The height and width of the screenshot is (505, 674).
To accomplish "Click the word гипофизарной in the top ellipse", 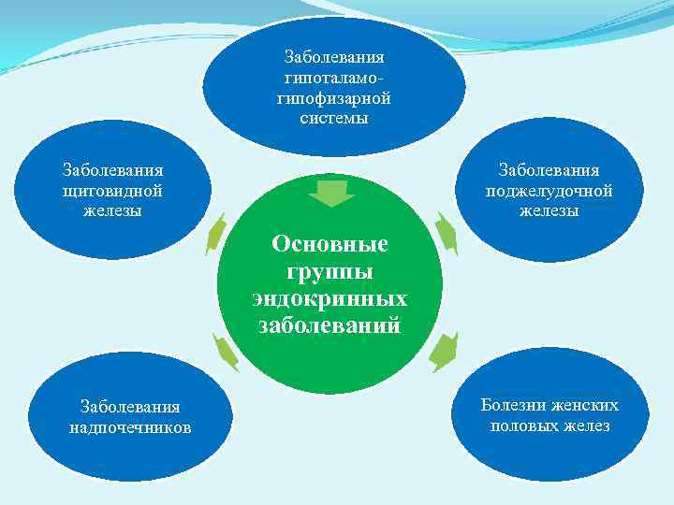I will (334, 98).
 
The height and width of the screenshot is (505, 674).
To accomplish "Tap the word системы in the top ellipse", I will (334, 119).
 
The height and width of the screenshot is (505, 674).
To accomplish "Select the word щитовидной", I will (112, 190).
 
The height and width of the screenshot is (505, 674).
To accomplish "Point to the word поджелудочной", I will (549, 190).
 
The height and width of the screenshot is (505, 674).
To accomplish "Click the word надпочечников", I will (130, 427).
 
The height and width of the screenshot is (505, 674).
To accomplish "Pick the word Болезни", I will (512, 405).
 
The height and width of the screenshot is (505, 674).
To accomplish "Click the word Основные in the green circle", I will (330, 245).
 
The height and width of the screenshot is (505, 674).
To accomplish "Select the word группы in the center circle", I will (330, 272).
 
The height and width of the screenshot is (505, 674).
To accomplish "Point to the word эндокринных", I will (330, 299).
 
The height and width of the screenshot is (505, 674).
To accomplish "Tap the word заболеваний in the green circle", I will (330, 326).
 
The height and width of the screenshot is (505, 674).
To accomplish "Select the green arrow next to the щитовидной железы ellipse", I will (217, 233).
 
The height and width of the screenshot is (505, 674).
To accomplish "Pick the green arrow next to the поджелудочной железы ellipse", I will (446, 235).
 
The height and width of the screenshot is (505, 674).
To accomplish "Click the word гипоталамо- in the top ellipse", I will (334, 78).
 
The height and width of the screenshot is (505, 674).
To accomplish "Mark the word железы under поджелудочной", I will (549, 210).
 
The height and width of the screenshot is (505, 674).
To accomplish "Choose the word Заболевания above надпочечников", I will (130, 407).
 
